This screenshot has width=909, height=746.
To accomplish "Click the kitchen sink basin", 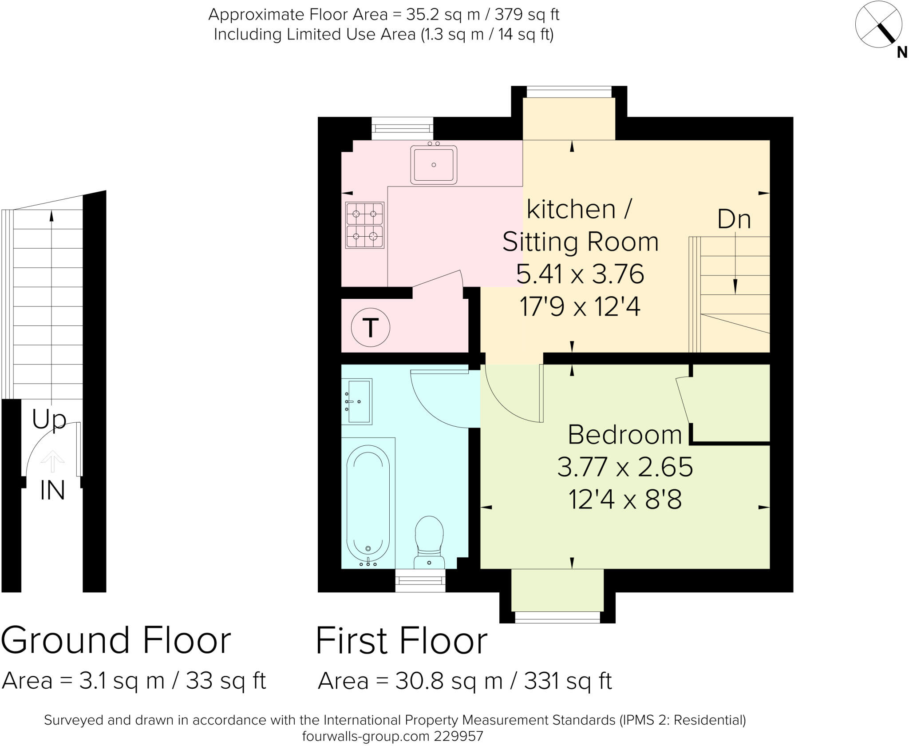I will point(434,164).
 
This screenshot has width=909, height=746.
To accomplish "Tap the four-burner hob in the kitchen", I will point(365,225).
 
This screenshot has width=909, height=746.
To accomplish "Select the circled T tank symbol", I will point(370,328).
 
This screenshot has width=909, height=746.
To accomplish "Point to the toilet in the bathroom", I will point(429,541).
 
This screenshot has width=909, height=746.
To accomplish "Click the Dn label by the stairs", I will point(734,219).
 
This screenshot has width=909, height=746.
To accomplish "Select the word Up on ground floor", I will point(49,419).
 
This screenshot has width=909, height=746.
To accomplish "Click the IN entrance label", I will point(52,491).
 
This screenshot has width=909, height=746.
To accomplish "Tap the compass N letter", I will point(901,53).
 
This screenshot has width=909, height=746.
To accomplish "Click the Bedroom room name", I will point(624,435).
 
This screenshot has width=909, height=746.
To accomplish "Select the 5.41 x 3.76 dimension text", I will point(580,274).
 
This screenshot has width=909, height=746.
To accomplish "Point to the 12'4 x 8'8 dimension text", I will point(624,500).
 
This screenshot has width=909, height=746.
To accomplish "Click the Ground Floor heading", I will point(116,641).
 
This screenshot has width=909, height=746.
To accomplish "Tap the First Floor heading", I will point(401,641).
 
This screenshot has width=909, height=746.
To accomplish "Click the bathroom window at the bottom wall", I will point(420,581).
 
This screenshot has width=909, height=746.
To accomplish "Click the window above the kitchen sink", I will point(402,128).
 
